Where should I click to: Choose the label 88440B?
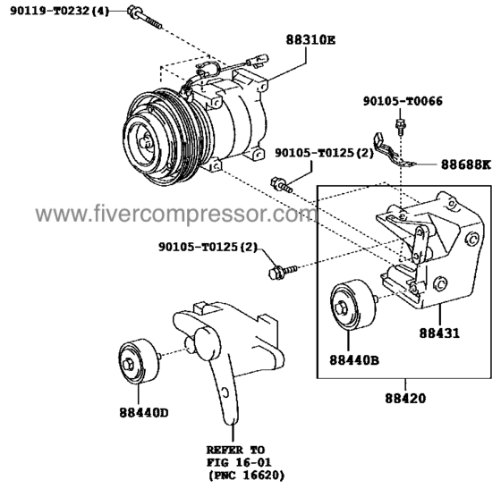tap(354, 360)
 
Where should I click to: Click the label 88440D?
tap(143, 413)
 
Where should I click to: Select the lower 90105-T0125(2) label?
tap(208, 247)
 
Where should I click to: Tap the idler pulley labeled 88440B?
tap(349, 309)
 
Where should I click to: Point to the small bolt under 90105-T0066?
tap(401, 122)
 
